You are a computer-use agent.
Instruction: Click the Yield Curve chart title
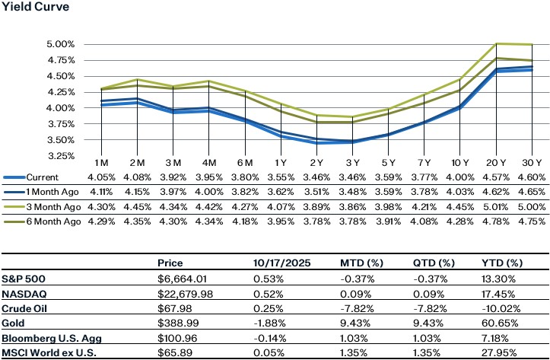point(33,8)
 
